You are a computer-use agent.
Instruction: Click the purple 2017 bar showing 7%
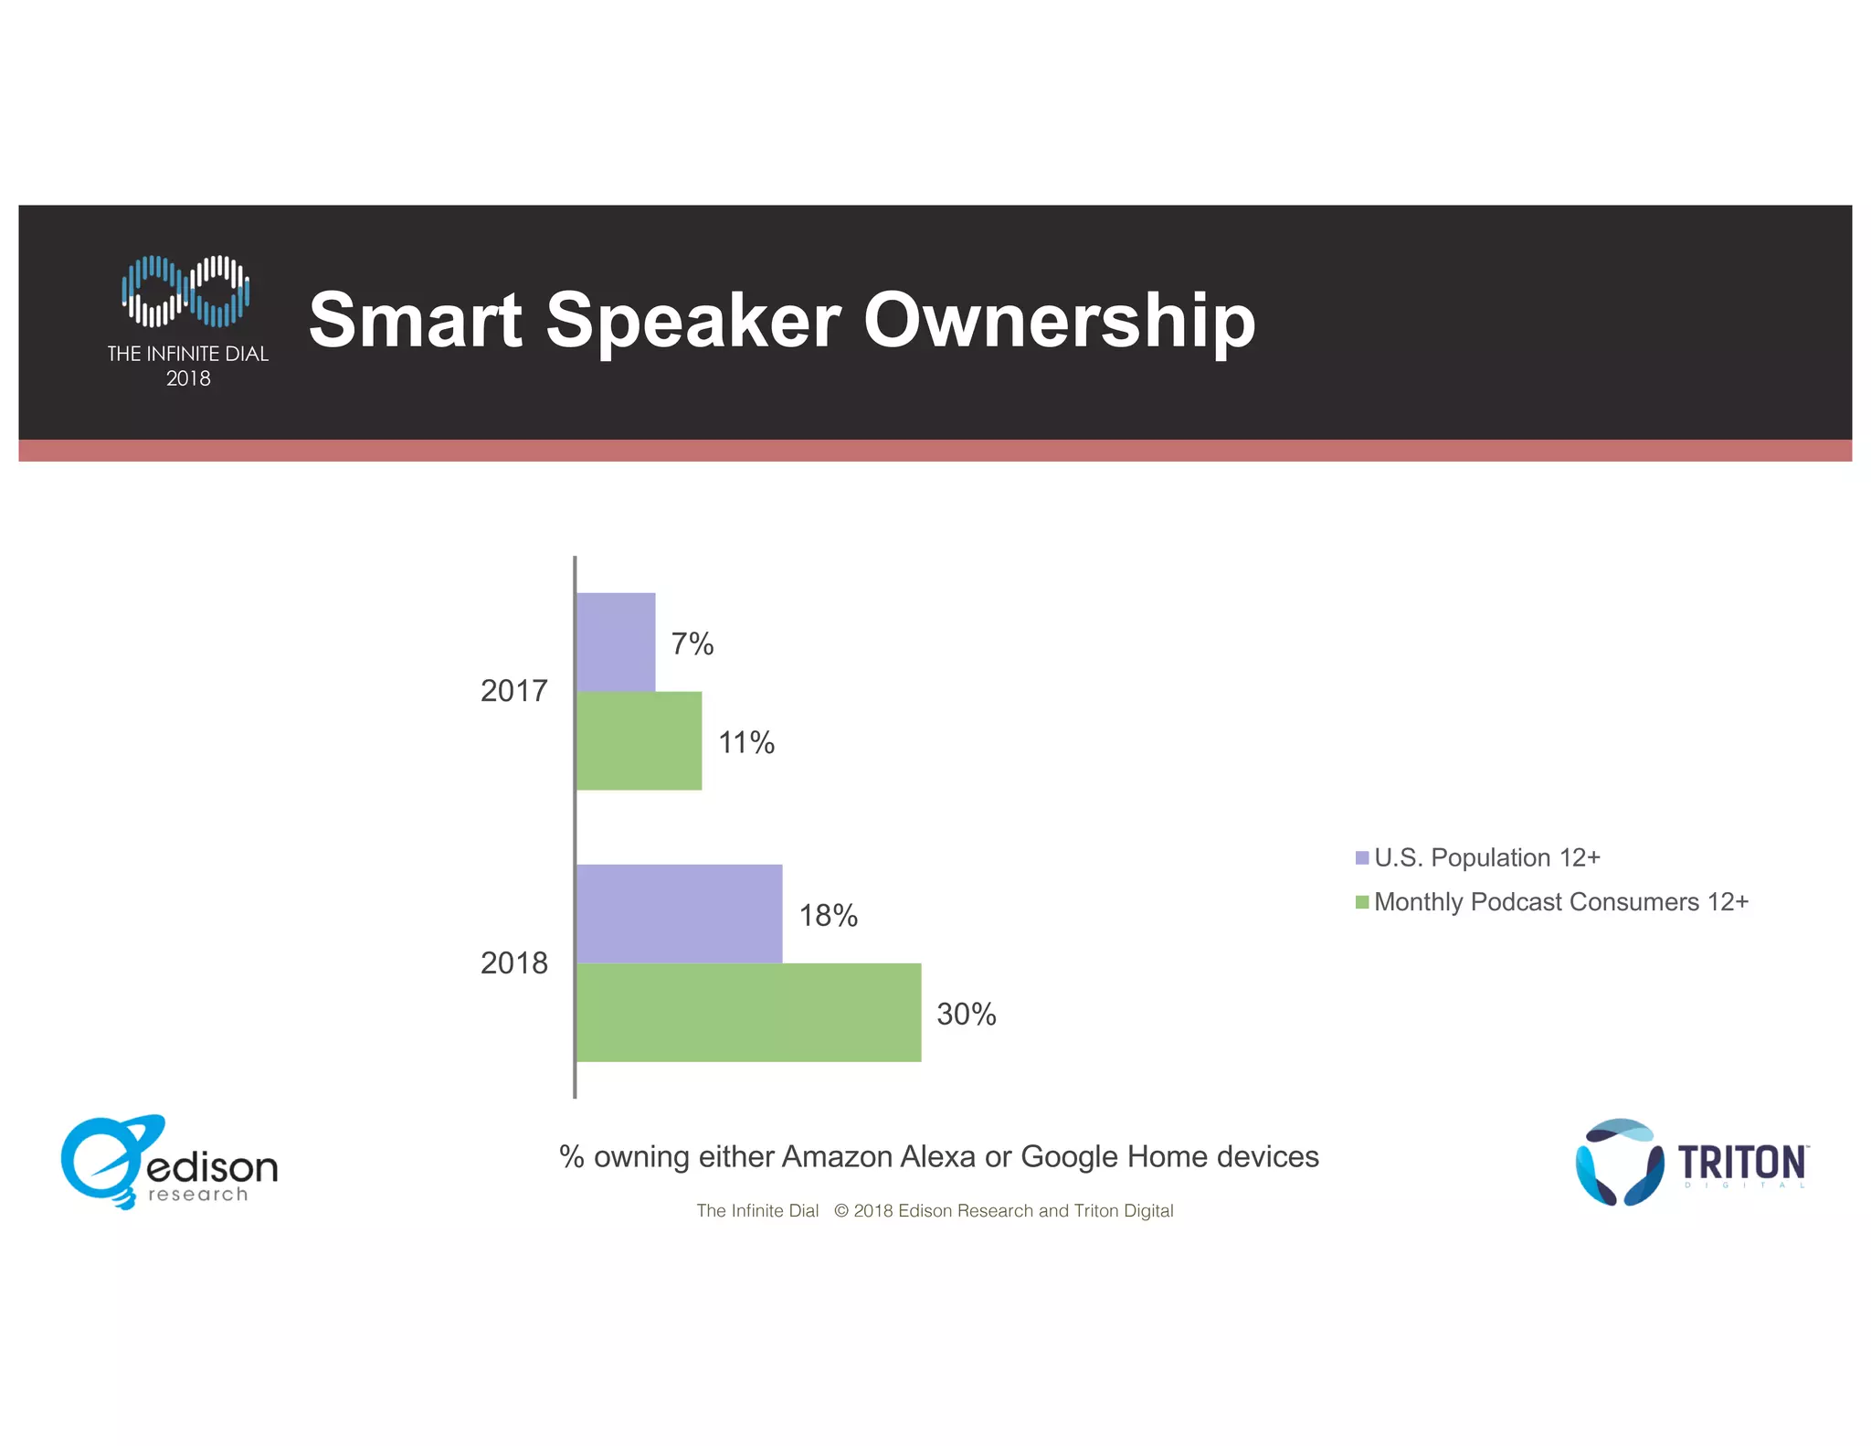[x=616, y=642]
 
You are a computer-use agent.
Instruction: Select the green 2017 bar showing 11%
[x=639, y=740]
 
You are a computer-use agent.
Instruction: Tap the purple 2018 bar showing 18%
[x=679, y=913]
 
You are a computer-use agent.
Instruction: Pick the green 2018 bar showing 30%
[x=748, y=1012]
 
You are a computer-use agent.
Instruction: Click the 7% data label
[x=692, y=643]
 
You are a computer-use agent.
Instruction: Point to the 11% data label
[x=746, y=742]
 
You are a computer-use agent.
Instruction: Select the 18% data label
[x=829, y=915]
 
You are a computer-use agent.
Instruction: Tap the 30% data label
[x=967, y=1014]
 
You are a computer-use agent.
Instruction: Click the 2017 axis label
[x=514, y=690]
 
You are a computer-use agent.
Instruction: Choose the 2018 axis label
[x=514, y=962]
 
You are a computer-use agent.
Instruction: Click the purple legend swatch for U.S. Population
[x=1362, y=857]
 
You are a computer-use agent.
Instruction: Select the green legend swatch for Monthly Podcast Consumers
[x=1362, y=902]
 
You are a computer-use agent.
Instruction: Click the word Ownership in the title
[x=1060, y=320]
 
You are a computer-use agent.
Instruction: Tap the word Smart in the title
[x=416, y=320]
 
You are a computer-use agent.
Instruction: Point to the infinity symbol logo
[x=186, y=291]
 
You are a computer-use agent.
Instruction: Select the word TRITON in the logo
[x=1741, y=1162]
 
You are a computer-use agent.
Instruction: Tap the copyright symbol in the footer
[x=841, y=1210]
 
